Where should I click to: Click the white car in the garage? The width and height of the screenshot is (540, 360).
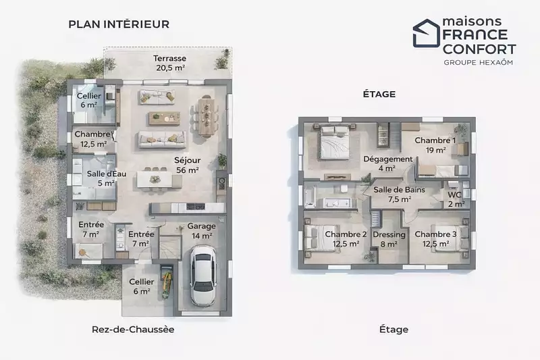[x=203, y=276]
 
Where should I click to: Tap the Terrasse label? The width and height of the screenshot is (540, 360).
[x=170, y=58]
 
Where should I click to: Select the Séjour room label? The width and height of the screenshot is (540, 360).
[x=188, y=160]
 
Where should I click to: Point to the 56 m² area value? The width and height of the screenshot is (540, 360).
[x=188, y=170]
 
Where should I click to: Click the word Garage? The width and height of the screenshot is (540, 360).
[x=201, y=226]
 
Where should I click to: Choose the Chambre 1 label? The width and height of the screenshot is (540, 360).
[x=435, y=140]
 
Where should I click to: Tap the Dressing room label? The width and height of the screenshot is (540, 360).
[x=389, y=234]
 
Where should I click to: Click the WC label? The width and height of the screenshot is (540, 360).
[x=454, y=195]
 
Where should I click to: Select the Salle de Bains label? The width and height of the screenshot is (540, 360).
[x=400, y=190]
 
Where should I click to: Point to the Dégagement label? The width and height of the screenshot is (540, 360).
[x=387, y=159]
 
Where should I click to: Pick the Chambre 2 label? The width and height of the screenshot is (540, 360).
[x=346, y=234]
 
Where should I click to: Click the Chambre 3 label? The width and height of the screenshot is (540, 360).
[x=435, y=234]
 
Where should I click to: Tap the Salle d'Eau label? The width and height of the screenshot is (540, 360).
[x=107, y=174]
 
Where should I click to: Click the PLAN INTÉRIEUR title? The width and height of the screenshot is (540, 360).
[x=119, y=24]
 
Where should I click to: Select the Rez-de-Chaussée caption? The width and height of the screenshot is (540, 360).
[x=133, y=330]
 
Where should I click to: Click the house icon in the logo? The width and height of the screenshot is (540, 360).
[x=427, y=33]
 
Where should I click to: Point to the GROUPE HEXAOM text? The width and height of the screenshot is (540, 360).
[x=479, y=62]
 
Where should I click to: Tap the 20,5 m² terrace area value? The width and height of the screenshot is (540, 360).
[x=171, y=68]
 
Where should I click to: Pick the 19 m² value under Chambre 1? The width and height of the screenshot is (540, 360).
[x=435, y=150]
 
